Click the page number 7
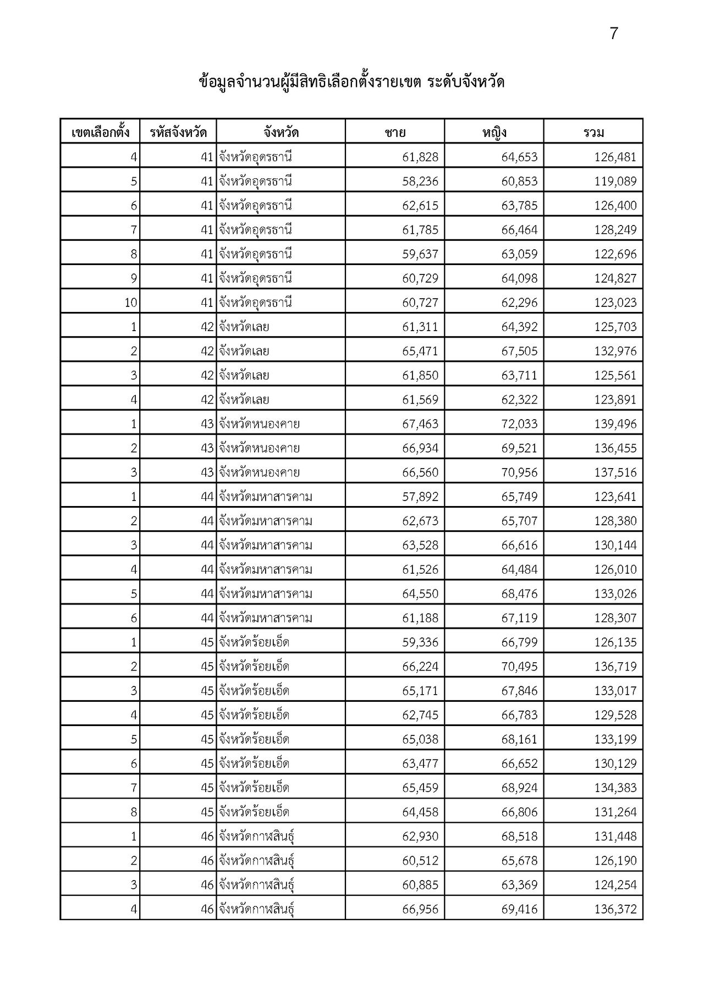pos(614,34)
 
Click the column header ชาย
pos(395,133)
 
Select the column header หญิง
pos(494,133)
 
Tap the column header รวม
pos(593,133)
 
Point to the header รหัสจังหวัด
pos(178,133)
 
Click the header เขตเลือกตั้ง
pos(100,133)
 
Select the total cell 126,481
pos(615,157)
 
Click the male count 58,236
pos(420,182)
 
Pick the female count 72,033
pos(519,424)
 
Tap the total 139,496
pos(615,424)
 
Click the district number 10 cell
pos(130,303)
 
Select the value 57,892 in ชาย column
pos(420,497)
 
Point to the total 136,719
pos(615,667)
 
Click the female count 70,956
pos(519,472)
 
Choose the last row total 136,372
pos(615,909)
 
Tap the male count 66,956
pos(420,909)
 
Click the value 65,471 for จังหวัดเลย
pos(420,351)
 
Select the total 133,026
pos(615,594)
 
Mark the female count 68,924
pos(519,788)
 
